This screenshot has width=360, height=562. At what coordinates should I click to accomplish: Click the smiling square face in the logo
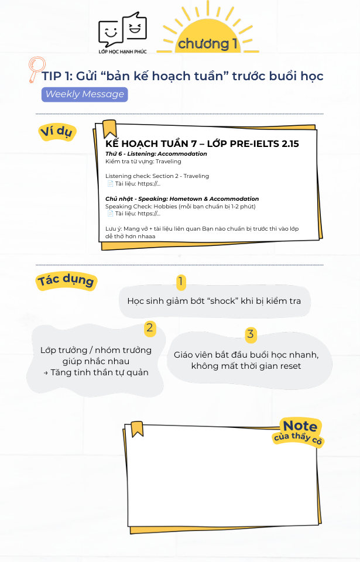[111, 33]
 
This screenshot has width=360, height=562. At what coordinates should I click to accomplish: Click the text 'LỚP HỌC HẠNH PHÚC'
[122, 52]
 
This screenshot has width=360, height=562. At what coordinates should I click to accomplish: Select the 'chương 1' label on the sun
[208, 44]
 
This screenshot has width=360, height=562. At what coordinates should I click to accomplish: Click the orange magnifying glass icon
[36, 69]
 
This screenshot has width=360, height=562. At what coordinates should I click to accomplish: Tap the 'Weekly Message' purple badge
[85, 94]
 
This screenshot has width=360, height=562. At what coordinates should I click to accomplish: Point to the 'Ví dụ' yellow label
[57, 132]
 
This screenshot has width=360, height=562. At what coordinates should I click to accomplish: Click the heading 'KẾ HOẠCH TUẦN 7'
[151, 144]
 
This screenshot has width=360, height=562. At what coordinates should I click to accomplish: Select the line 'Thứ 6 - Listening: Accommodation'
[156, 154]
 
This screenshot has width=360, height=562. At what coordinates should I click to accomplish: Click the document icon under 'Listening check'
[111, 184]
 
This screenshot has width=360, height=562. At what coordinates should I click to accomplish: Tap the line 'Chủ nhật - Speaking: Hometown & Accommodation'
[182, 198]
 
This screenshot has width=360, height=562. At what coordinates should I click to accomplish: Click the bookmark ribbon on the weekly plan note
[109, 129]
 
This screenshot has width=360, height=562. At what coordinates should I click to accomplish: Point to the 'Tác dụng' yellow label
[66, 280]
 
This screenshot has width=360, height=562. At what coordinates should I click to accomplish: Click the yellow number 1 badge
[181, 282]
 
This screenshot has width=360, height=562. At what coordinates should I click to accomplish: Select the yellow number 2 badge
[149, 328]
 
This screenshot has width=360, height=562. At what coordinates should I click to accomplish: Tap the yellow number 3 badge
[251, 334]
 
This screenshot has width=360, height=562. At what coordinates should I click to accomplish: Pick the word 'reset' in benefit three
[289, 366]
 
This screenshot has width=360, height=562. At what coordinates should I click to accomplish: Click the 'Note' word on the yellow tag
[300, 426]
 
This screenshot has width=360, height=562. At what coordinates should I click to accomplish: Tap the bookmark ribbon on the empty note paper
[136, 429]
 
